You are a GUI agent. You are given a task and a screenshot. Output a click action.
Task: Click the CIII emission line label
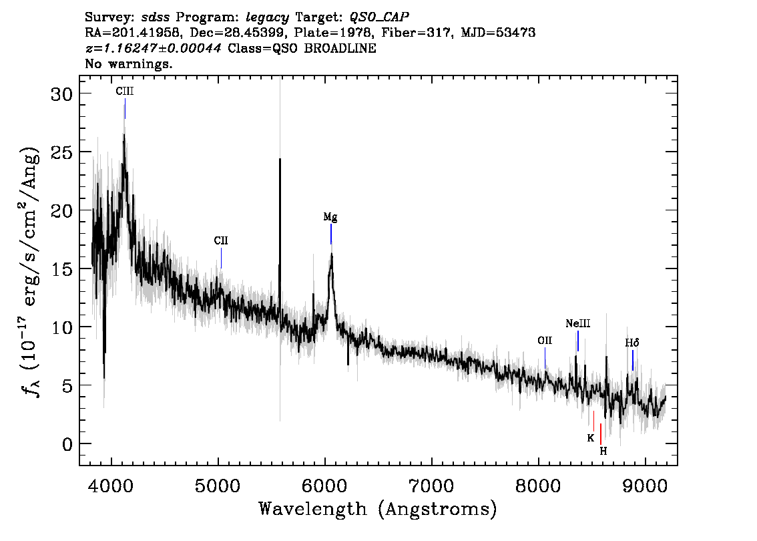click(125, 92)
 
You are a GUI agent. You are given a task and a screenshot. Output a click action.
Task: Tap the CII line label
click(221, 240)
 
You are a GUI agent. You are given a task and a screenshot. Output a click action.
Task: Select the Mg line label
click(330, 217)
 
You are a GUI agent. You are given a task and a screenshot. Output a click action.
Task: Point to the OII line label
click(545, 341)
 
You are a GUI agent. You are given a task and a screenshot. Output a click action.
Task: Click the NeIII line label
click(578, 323)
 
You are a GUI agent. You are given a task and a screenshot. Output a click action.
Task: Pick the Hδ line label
click(632, 343)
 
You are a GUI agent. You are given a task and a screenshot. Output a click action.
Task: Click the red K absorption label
click(590, 438)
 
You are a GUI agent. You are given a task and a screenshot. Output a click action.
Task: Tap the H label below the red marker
click(603, 451)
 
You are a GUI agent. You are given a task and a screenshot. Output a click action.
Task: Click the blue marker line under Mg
click(330, 234)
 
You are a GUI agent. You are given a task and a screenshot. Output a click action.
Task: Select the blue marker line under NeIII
click(578, 341)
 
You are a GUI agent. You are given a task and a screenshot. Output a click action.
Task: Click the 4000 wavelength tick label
click(111, 486)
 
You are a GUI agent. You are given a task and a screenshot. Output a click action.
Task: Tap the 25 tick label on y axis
click(61, 152)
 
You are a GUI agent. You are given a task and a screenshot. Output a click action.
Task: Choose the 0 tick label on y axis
click(67, 444)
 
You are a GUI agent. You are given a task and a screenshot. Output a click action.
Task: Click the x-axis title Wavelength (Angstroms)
click(378, 509)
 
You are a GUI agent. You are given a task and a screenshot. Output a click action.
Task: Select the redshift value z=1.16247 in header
click(154, 48)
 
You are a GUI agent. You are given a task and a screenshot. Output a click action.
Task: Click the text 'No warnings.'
click(128, 63)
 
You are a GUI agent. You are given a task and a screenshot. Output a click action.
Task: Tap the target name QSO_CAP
click(379, 17)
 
